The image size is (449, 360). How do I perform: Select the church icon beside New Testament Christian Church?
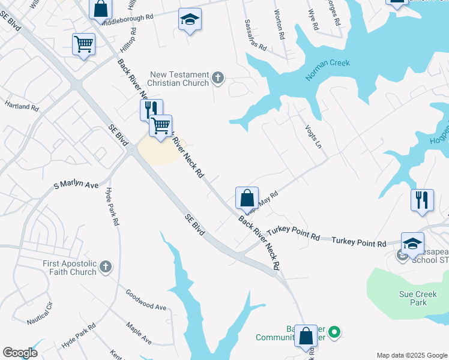pyautogui.click(x=217, y=78)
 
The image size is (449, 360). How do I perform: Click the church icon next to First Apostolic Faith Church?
pyautogui.click(x=106, y=267)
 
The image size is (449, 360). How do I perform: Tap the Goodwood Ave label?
pyautogui.click(x=146, y=299)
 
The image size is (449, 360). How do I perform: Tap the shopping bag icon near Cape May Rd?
pyautogui.click(x=247, y=197)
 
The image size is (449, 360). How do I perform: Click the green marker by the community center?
pyautogui.click(x=336, y=331)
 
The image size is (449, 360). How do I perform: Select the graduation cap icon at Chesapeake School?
pyautogui.click(x=412, y=243)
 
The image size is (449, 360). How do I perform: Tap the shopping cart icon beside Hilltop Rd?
pyautogui.click(x=83, y=43)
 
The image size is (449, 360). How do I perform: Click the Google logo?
pyautogui.click(x=20, y=353)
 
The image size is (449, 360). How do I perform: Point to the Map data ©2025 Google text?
pyautogui.click(x=411, y=355)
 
